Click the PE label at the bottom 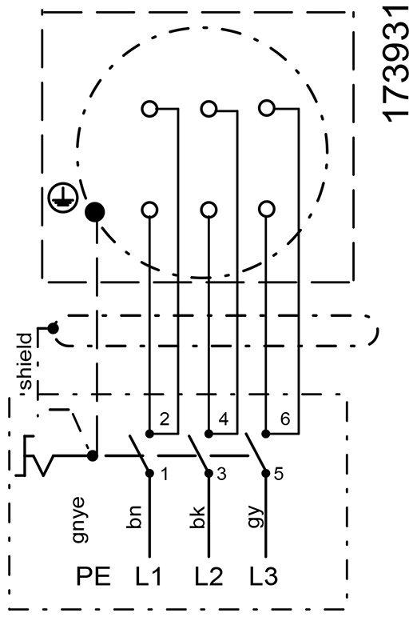pyautogui.click(x=93, y=576)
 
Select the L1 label pyautogui.click(x=149, y=576)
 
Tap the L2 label pyautogui.click(x=208, y=576)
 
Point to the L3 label pyautogui.click(x=264, y=576)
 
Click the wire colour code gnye pyautogui.click(x=78, y=520)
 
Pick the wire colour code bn pyautogui.click(x=134, y=516)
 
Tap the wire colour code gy pyautogui.click(x=256, y=516)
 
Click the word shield pyautogui.click(x=26, y=362)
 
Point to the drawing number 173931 pyautogui.click(x=394, y=64)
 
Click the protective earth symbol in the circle pyautogui.click(x=63, y=198)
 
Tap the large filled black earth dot pyautogui.click(x=95, y=213)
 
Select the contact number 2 pyautogui.click(x=165, y=419)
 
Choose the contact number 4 pyautogui.click(x=223, y=419)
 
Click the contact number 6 pyautogui.click(x=285, y=419)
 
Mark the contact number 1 pyautogui.click(x=165, y=475)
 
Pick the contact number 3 pyautogui.click(x=221, y=475)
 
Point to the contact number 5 pyautogui.click(x=278, y=475)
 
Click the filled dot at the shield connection pyautogui.click(x=53, y=327)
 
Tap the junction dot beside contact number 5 pyautogui.click(x=266, y=474)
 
